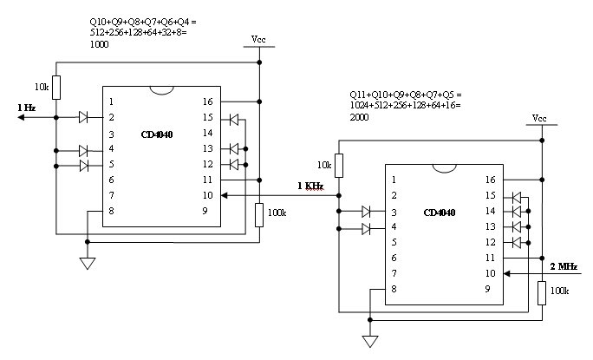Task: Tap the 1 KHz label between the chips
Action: click(x=310, y=185)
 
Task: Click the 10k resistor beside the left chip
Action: click(x=56, y=87)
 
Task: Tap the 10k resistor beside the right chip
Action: click(x=339, y=165)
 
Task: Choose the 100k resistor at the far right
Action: click(x=541, y=293)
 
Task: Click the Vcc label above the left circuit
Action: click(x=259, y=40)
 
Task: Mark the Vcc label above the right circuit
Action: click(x=539, y=118)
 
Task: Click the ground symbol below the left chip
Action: click(x=88, y=263)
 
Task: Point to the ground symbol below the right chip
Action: click(x=370, y=341)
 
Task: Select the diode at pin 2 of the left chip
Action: click(x=84, y=117)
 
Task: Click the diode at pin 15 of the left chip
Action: click(x=233, y=117)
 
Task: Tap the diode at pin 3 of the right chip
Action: click(x=367, y=211)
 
